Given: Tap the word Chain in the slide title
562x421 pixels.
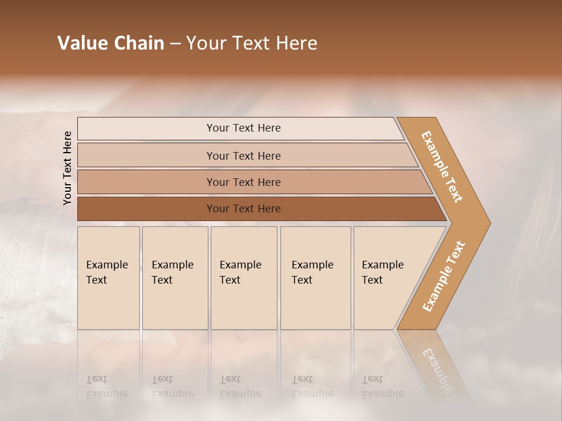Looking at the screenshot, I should point(139,43).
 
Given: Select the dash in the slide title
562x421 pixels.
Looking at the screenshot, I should point(175,44).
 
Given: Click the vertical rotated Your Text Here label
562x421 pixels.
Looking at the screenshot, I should point(67,168).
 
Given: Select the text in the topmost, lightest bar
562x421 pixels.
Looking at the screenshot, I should point(244,128).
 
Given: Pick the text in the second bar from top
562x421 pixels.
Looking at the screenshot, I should point(244,156).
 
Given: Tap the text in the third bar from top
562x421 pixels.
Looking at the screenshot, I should point(244,182).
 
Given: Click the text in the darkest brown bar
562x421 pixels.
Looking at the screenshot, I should point(244,209).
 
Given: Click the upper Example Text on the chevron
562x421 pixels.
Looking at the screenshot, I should point(442,167).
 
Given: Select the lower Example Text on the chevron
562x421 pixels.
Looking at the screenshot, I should point(444,276).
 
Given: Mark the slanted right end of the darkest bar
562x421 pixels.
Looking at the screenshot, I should point(440,209).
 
